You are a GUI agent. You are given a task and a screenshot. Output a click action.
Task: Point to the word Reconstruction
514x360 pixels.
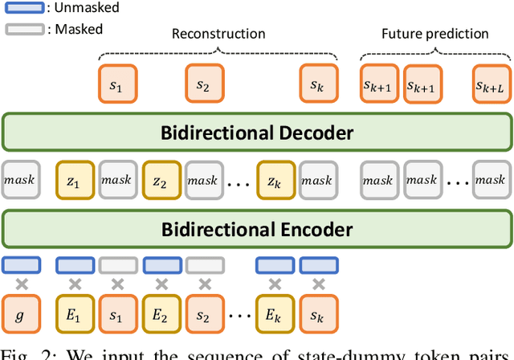pos(218,34)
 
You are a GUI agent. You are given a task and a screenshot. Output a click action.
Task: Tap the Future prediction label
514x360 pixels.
pos(434,34)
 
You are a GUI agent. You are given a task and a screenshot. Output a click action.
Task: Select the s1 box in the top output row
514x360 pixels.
pos(116,84)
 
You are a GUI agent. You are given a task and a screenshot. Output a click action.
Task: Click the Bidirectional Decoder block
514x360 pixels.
pos(257,133)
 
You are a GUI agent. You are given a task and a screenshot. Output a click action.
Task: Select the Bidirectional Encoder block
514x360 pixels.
pos(257,230)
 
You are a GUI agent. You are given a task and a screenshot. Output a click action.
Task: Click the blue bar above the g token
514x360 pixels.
pos(21,263)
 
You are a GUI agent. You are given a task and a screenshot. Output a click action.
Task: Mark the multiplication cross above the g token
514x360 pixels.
pos(21,283)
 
